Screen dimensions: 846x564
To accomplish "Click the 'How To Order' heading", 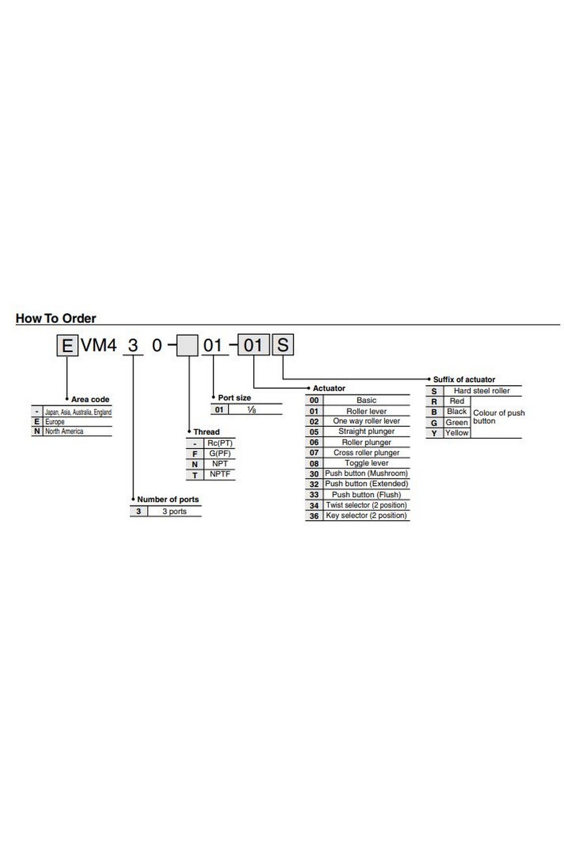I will [56, 318].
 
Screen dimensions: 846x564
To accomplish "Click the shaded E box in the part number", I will [67, 345].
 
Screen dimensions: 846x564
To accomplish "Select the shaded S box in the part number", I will [283, 345].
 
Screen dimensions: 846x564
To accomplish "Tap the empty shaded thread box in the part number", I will [187, 345].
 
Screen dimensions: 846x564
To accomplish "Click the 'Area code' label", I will [90, 399].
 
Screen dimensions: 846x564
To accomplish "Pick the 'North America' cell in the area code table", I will [64, 431].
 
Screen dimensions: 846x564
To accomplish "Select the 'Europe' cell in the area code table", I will [55, 422].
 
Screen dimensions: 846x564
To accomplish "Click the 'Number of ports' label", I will [168, 499].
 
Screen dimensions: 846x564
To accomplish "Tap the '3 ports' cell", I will [174, 512].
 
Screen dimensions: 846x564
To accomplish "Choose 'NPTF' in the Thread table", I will [220, 474].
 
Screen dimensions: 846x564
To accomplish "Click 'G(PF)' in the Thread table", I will [220, 453].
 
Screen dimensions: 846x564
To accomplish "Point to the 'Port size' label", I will [235, 398].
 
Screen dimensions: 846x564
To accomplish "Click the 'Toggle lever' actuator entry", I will [367, 463].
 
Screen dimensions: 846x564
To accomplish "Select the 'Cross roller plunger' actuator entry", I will [367, 453].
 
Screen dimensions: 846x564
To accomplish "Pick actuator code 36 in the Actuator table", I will [314, 516].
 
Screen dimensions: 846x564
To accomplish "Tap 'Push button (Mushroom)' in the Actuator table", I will [367, 474].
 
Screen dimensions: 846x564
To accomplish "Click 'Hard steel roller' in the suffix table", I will [482, 391].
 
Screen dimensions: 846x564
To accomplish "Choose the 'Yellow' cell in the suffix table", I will [457, 433].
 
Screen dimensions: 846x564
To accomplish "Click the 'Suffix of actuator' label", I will [464, 380].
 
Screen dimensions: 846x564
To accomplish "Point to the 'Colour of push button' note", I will [499, 417].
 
